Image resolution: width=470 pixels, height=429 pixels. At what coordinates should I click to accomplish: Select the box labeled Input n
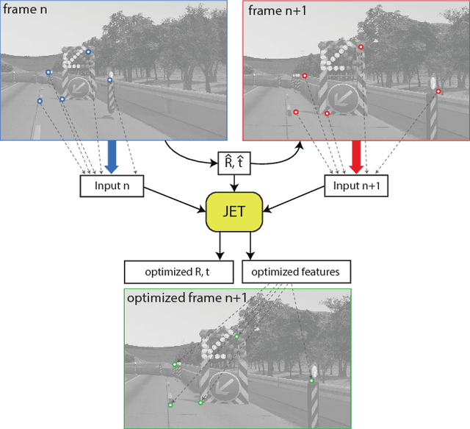point(111,186)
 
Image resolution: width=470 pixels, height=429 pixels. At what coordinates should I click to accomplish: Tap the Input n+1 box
point(356,186)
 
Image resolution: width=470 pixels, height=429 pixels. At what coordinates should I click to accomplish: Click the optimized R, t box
point(177,272)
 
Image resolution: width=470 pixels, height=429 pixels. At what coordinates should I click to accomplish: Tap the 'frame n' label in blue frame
point(24,10)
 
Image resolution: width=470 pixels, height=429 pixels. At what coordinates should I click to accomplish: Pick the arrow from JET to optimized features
point(251,246)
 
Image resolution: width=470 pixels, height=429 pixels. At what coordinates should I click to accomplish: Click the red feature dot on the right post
point(438,92)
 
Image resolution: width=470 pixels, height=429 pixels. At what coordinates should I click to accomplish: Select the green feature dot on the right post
point(311,380)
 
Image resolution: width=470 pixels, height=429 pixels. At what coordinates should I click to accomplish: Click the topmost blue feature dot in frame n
point(88,52)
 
